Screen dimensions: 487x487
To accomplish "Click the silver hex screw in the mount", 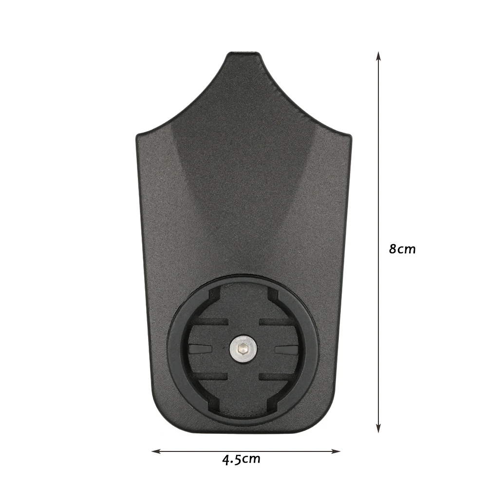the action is tap(243, 349).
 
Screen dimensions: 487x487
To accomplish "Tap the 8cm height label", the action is tap(402, 249).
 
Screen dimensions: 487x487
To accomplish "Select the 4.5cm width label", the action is tap(242, 459).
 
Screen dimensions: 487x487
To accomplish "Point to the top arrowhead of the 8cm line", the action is tap(378, 56).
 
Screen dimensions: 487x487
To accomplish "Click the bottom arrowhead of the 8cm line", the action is tap(378, 429).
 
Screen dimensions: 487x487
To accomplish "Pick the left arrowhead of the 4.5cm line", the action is tap(156, 451).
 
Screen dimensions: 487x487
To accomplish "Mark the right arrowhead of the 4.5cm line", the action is tap(336, 451).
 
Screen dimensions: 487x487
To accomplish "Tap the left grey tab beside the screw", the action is tap(200, 349).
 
